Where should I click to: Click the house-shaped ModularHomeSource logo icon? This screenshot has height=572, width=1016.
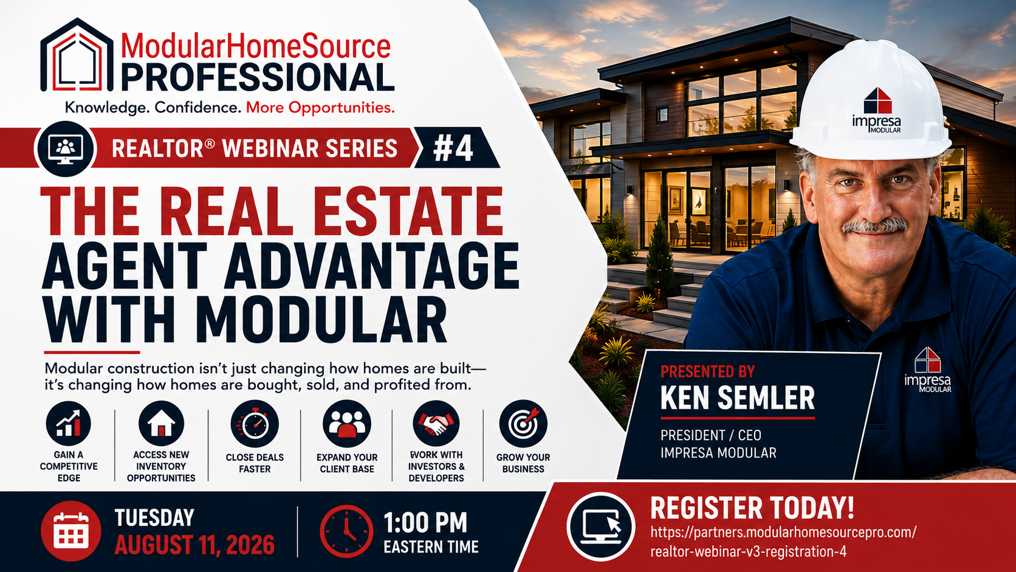coord(77,55)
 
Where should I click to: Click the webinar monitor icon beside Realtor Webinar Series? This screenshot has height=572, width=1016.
coord(66,149)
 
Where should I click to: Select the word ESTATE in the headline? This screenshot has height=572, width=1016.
coord(408,212)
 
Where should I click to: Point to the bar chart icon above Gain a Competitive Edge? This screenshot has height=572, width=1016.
coord(69,423)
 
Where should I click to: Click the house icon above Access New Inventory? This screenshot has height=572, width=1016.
coord(161,423)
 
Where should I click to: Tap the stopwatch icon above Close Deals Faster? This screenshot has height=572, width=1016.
coord(255,424)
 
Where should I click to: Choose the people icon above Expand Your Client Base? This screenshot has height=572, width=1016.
coord(347,424)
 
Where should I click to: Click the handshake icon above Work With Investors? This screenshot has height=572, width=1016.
coord(436,424)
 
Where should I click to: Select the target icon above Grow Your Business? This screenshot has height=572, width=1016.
coord(523,424)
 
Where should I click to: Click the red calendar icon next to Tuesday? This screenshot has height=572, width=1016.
coord(70,531)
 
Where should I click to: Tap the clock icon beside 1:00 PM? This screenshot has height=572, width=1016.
coord(346,531)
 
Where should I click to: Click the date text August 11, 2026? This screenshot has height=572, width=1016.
coord(194,545)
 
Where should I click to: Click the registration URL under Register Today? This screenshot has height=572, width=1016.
coord(783,542)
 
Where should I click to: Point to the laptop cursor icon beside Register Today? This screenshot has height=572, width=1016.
coord(601,526)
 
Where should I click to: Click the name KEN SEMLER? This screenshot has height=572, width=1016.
coord(738,398)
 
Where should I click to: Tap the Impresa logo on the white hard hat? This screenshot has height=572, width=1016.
coord(877,111)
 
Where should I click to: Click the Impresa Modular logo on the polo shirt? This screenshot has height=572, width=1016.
coord(928,370)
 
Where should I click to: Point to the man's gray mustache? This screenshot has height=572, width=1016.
coord(874,226)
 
